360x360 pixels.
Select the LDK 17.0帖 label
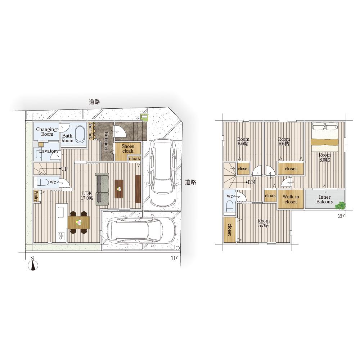click(x=87, y=195)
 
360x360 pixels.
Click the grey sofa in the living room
click(x=102, y=189)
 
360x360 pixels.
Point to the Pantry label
click(x=36, y=196)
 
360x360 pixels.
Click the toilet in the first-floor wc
click(x=43, y=183)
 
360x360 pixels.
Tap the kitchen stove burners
click(x=61, y=236)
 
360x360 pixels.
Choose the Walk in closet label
click(x=291, y=199)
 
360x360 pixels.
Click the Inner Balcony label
click(x=324, y=199)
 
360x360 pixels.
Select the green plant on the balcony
click(x=340, y=205)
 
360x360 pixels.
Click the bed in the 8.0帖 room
click(x=325, y=137)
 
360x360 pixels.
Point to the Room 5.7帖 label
click(x=264, y=223)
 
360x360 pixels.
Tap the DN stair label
click(x=251, y=182)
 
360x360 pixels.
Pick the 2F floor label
click(x=341, y=216)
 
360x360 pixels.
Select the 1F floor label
click(x=174, y=258)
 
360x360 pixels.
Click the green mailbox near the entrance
click(x=144, y=118)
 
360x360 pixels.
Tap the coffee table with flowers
click(x=119, y=189)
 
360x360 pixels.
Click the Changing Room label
click(x=46, y=131)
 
